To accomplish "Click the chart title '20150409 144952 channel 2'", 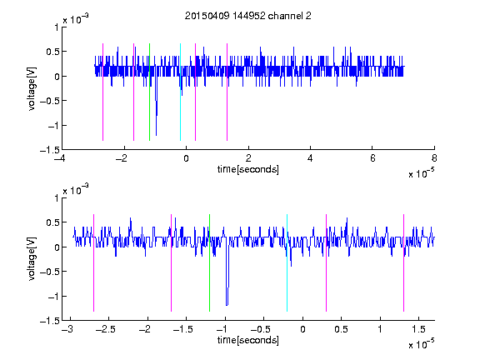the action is click(x=248, y=16).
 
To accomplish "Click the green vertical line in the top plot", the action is click(x=149, y=92).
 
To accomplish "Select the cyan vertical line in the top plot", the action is click(x=180, y=92).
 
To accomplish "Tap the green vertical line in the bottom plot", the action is click(x=209, y=262).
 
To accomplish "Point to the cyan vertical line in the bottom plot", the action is click(x=287, y=262).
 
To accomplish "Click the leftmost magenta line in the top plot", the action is click(x=102, y=92).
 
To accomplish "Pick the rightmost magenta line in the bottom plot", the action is click(x=403, y=262).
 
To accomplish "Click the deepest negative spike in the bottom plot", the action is click(x=227, y=305).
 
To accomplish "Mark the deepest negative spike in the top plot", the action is click(x=156, y=135).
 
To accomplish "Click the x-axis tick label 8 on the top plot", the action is click(x=434, y=158).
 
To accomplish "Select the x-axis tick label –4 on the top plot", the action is click(x=60, y=158).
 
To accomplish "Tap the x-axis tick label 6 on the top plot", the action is click(x=372, y=158).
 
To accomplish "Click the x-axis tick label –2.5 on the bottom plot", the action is click(x=105, y=329).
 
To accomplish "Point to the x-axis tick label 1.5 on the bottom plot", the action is click(x=418, y=329).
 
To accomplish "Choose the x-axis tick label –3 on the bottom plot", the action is click(x=67, y=329).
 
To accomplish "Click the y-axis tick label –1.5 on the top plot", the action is click(x=50, y=150).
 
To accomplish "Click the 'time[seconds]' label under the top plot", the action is click(x=248, y=169).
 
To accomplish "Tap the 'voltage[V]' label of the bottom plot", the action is click(x=32, y=259).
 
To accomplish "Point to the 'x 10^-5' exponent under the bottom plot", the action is click(x=421, y=344).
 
